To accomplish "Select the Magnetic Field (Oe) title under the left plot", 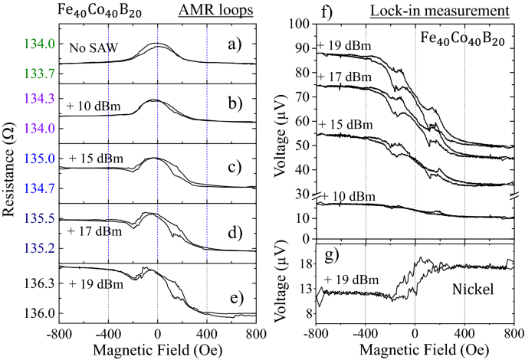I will coord(157,351).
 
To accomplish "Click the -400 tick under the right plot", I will coord(365,334).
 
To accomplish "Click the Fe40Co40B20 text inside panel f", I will coord(460,36).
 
